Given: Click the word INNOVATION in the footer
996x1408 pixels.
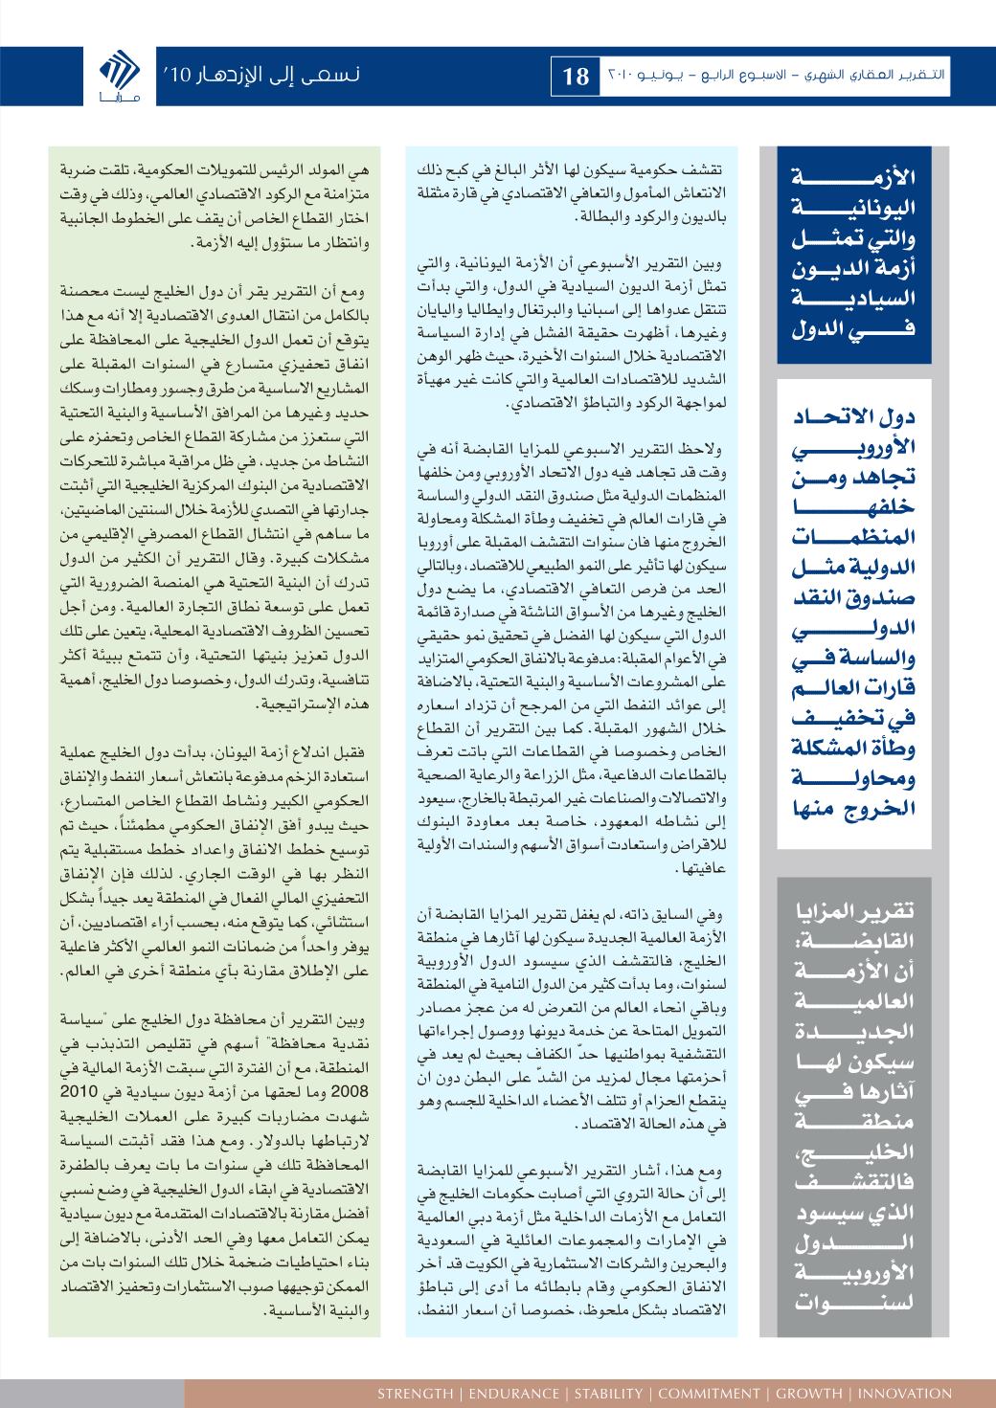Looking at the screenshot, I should pyautogui.click(x=905, y=1393).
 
